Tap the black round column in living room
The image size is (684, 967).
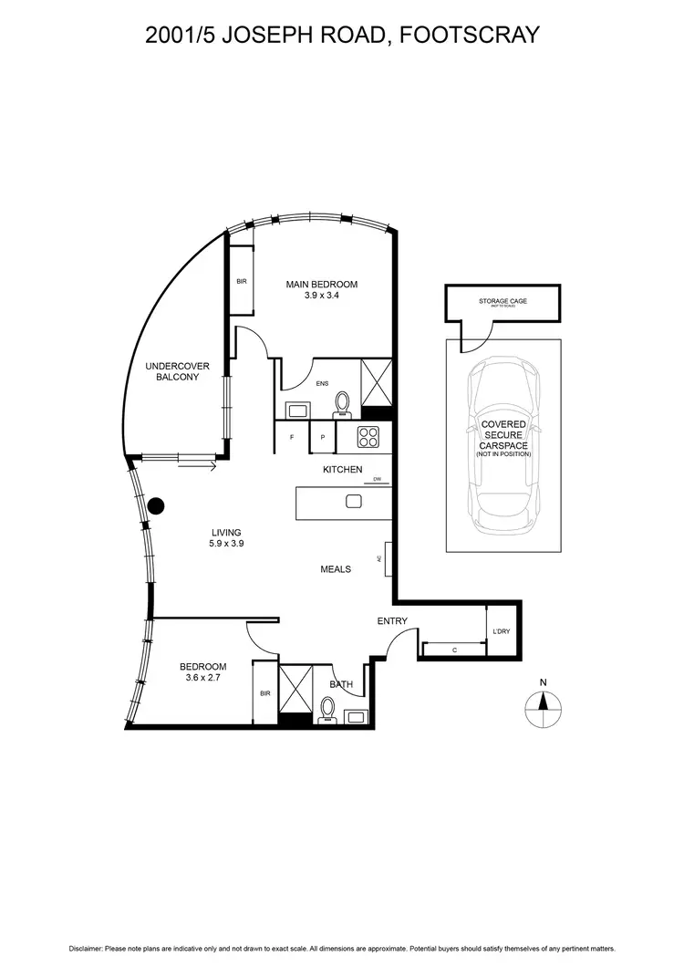click(156, 504)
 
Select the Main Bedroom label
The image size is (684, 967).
click(321, 285)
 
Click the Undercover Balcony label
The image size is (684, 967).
click(171, 371)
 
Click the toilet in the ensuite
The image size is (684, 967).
click(343, 402)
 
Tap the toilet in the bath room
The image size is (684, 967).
click(328, 709)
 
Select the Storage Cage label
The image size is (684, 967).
click(503, 301)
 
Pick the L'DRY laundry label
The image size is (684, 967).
click(501, 632)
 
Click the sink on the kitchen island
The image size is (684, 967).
click(354, 501)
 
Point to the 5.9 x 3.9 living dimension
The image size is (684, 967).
click(226, 543)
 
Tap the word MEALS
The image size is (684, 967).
click(336, 569)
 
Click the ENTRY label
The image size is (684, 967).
click(392, 622)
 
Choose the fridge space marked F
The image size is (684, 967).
click(292, 438)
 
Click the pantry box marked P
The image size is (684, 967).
click(322, 438)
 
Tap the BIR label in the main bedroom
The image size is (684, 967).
click(241, 282)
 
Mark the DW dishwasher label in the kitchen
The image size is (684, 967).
click(377, 479)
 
